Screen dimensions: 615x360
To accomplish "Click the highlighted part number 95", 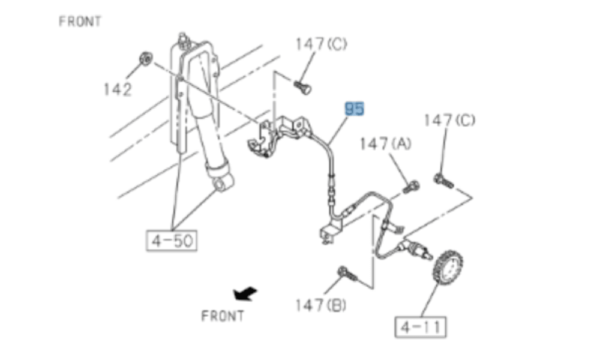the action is [x=354, y=109].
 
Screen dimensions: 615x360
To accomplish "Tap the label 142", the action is [x=117, y=90].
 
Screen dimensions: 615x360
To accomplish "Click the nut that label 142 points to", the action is [x=146, y=59].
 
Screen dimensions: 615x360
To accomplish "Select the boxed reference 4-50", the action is [x=172, y=241].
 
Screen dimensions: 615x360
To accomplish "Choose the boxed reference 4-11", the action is [x=421, y=327].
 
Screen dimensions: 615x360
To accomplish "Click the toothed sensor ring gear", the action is [x=448, y=269].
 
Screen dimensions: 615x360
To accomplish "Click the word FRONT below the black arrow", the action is [x=223, y=316].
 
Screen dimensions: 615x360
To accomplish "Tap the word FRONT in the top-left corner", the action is [x=80, y=21].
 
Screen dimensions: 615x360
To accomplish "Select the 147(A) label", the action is [x=386, y=144].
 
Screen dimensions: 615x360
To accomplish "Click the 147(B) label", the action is [x=321, y=305].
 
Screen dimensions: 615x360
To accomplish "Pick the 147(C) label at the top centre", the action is [x=321, y=44].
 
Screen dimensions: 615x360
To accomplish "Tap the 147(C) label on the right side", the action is [x=449, y=120].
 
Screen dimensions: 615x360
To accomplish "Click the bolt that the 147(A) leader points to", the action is [x=411, y=187].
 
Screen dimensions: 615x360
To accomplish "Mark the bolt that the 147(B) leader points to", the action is [x=347, y=273].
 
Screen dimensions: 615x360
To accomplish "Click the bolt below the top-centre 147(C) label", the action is [x=302, y=87].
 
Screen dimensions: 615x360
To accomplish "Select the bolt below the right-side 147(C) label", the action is [x=443, y=181].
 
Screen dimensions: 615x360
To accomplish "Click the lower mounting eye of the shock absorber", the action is [x=222, y=184].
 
